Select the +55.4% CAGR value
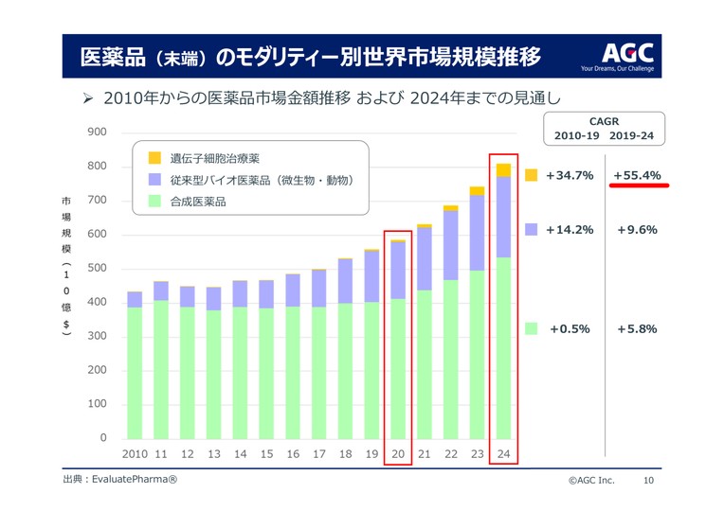coord(637,175)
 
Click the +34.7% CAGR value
coord(570,175)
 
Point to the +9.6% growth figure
coord(637,229)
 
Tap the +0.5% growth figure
coord(570,328)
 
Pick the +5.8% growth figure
coord(637,328)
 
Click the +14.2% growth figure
coord(570,229)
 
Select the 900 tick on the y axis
coord(97,132)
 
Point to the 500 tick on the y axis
coord(97,269)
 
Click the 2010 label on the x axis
coord(135,454)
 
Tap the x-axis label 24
coord(503,454)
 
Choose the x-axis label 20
coord(398,454)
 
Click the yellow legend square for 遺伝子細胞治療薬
coord(154,158)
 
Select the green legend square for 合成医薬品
coord(154,201)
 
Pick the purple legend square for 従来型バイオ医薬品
coord(154,179)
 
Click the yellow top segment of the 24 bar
coord(503,170)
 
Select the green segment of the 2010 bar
coord(135,373)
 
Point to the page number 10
coord(648,481)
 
